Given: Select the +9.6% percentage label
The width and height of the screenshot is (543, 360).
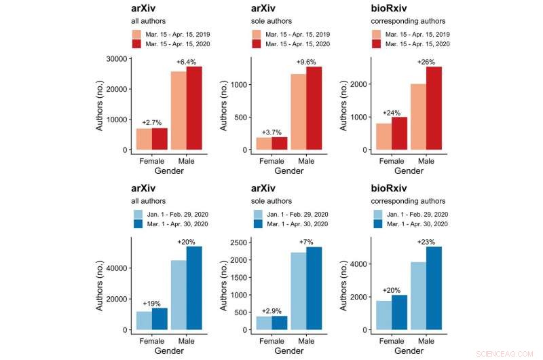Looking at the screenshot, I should pyautogui.click(x=305, y=62).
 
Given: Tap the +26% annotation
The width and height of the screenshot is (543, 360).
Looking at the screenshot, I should pyautogui.click(x=426, y=62).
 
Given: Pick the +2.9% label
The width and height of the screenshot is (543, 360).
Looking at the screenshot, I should pyautogui.click(x=271, y=310).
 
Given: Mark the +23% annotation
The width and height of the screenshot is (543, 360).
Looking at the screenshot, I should pyautogui.click(x=426, y=241).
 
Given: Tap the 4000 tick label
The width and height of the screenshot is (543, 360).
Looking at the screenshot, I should pyautogui.click(x=359, y=264).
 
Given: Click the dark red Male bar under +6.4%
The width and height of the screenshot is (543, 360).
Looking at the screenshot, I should pyautogui.click(x=194, y=108).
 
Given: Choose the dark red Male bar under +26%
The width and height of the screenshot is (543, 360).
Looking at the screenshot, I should pyautogui.click(x=434, y=108).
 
